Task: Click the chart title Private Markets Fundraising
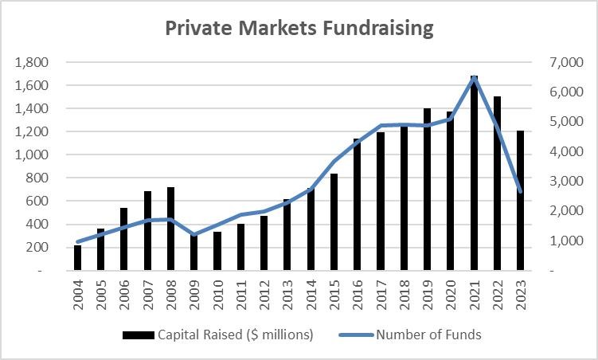coord(299,28)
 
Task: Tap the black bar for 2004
coord(78,258)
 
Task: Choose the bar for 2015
coord(334,222)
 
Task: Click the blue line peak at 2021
coord(474,77)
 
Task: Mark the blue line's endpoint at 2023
coord(520,191)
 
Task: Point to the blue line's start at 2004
coord(78,241)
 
